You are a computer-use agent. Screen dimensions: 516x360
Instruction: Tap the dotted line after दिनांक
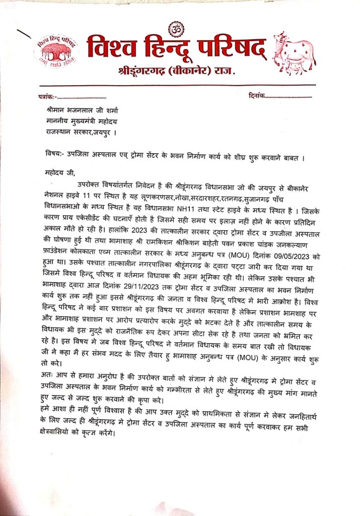(289, 96)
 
